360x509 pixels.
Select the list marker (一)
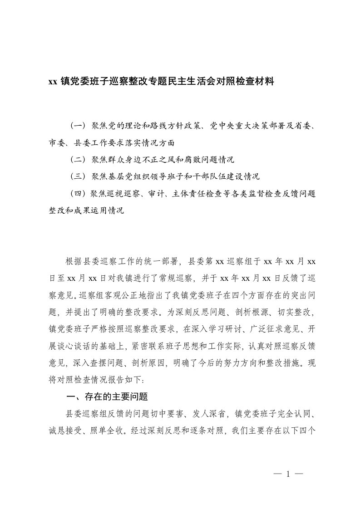point(79,125)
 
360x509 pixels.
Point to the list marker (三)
point(79,176)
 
